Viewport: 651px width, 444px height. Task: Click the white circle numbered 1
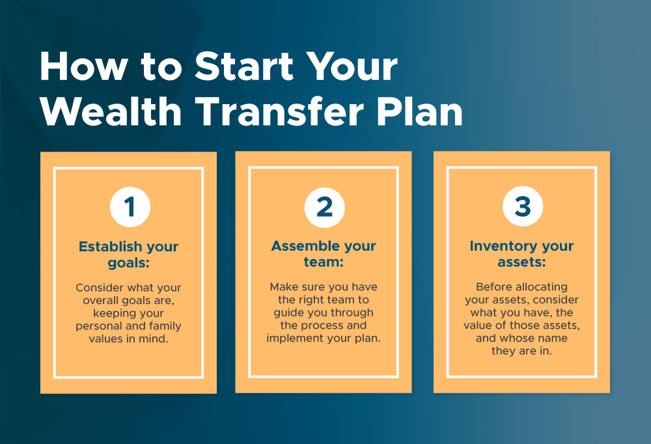tap(130, 207)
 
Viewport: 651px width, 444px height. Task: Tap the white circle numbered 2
tap(324, 207)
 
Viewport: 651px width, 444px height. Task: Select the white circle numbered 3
tap(522, 207)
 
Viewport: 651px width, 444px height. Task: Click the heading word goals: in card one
tap(129, 263)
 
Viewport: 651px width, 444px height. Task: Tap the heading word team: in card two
tap(324, 262)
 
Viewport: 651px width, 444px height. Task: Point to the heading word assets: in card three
tap(521, 262)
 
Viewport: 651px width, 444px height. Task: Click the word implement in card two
tap(294, 338)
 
